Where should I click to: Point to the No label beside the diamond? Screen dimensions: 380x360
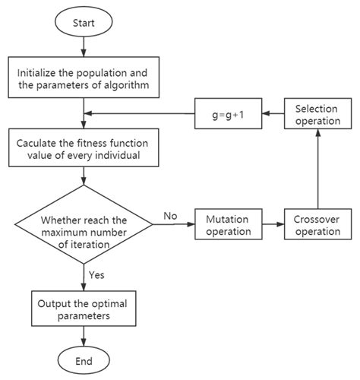point(170,217)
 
